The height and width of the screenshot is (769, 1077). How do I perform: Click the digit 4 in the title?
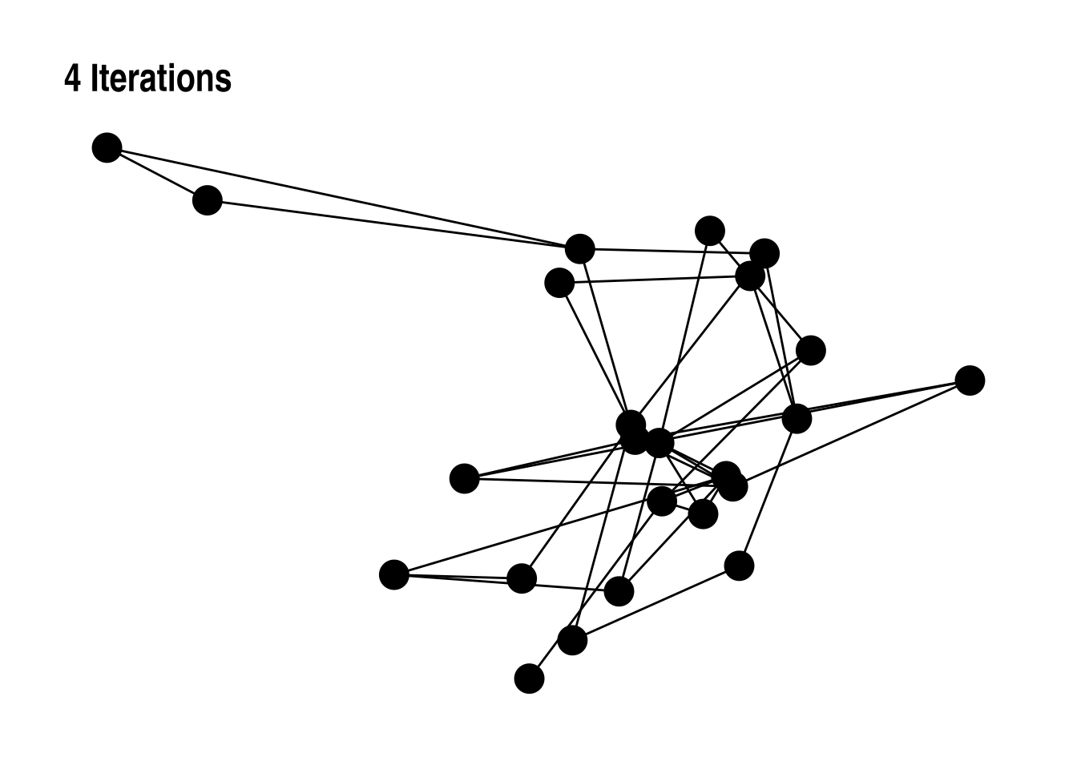pyautogui.click(x=72, y=79)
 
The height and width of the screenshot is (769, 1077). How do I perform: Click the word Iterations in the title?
pyautogui.click(x=161, y=79)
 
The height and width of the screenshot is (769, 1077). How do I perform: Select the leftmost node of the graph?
pyautogui.click(x=107, y=147)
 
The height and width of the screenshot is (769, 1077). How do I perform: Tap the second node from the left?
pyautogui.click(x=208, y=199)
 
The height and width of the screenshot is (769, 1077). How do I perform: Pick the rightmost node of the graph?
pyautogui.click(x=970, y=380)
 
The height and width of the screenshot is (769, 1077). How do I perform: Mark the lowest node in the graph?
pyautogui.click(x=529, y=678)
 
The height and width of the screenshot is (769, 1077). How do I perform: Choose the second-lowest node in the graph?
pyautogui.click(x=572, y=640)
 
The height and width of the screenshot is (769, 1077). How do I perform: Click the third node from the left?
pyautogui.click(x=393, y=574)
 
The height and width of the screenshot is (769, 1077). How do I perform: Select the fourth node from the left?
pyautogui.click(x=464, y=478)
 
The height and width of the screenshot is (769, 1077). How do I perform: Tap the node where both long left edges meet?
pyautogui.click(x=579, y=248)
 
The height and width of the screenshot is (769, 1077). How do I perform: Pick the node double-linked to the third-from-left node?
pyautogui.click(x=522, y=578)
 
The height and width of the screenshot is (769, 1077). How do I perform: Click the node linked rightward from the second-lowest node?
pyautogui.click(x=739, y=566)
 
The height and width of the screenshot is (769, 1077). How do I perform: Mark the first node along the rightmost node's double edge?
pyautogui.click(x=797, y=418)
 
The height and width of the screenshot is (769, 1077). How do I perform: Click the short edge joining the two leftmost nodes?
pyautogui.click(x=157, y=174)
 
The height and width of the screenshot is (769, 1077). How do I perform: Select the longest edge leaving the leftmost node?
pyautogui.click(x=343, y=198)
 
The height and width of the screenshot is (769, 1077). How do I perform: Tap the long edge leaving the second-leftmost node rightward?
pyautogui.click(x=393, y=223)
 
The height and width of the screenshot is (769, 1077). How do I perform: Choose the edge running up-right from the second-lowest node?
pyautogui.click(x=655, y=603)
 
